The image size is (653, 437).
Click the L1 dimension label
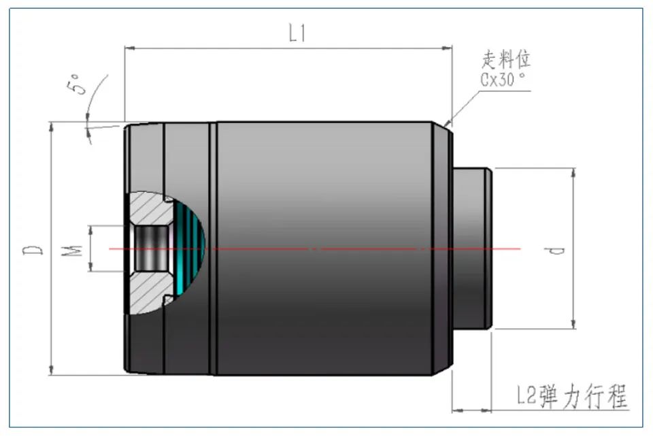[297, 33]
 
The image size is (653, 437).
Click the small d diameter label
[554, 250]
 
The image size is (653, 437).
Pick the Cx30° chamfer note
[503, 79]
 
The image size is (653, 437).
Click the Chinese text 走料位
[506, 60]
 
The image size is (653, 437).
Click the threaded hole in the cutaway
[151, 248]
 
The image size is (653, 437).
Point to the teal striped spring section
[190, 248]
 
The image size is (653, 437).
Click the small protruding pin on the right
[472, 248]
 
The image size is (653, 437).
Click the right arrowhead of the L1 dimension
[448, 48]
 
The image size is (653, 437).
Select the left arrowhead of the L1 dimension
[130, 48]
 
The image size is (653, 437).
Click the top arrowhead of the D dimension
[51, 127]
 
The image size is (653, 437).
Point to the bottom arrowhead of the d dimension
[573, 324]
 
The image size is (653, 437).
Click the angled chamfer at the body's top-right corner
[442, 127]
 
